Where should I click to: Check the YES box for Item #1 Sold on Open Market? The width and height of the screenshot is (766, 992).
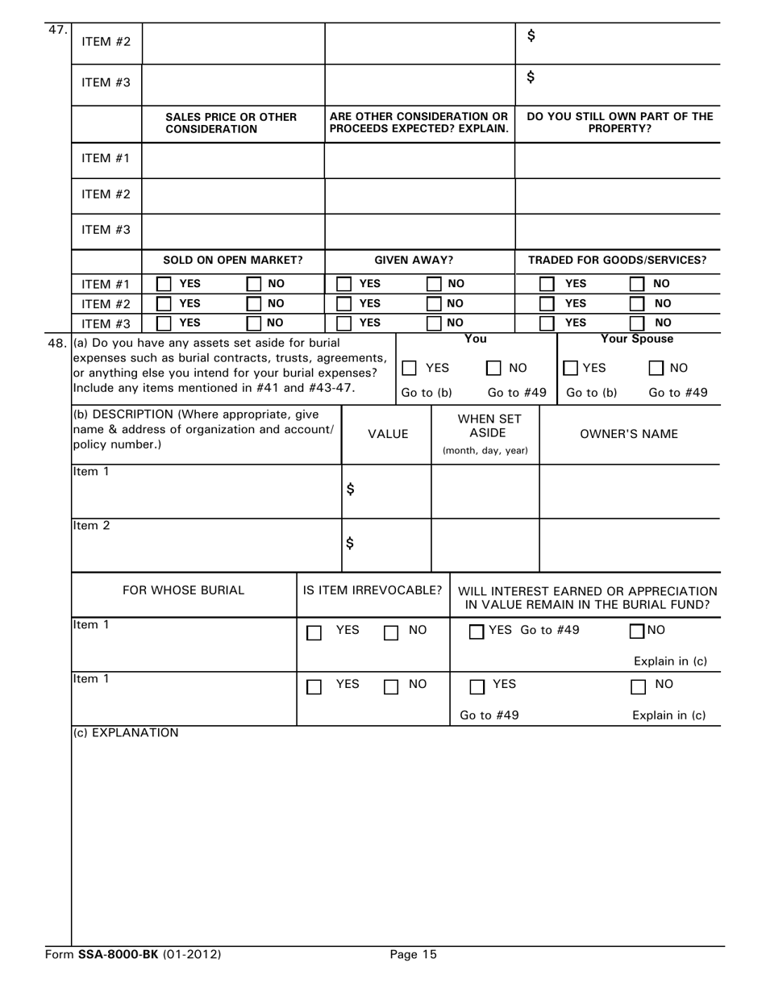[164, 284]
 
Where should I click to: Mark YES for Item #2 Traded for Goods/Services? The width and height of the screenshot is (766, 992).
[547, 304]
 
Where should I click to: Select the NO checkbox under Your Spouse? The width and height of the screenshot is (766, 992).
[656, 369]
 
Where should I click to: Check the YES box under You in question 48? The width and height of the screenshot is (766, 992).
[410, 369]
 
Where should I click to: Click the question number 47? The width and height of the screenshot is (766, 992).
[57, 30]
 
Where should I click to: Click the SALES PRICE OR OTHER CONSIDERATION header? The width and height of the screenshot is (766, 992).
[231, 123]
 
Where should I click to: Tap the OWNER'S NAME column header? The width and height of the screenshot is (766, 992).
[629, 434]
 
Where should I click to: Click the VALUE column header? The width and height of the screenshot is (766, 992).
[388, 434]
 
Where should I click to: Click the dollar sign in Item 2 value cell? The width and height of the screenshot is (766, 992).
[350, 543]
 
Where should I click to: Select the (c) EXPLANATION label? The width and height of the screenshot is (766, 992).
[126, 733]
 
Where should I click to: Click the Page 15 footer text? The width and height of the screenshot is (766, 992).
[413, 955]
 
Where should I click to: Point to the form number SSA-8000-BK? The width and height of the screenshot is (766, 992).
[119, 955]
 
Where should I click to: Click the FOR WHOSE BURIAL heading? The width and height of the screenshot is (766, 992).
[183, 590]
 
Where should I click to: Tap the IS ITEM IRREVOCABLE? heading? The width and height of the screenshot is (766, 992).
[373, 590]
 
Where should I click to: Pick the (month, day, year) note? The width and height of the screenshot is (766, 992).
[485, 451]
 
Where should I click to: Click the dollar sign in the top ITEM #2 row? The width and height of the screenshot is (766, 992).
[531, 35]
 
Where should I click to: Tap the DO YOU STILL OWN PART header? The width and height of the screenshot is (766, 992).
[619, 123]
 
